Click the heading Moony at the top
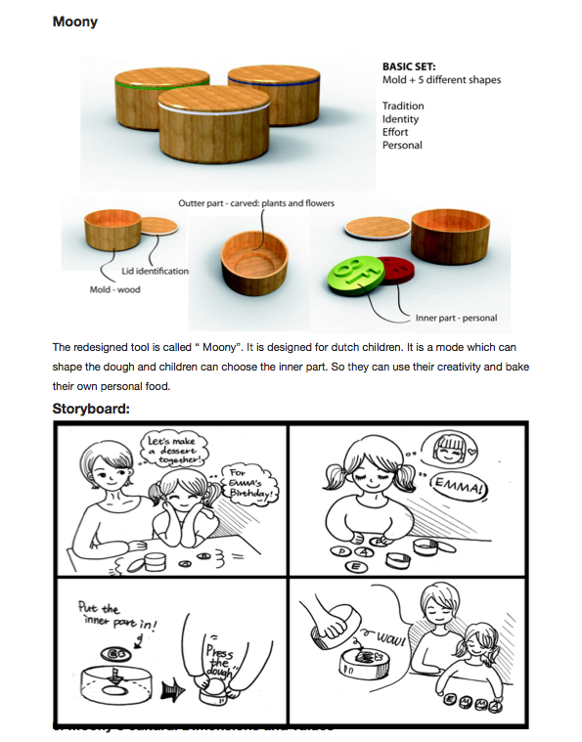pos(75,22)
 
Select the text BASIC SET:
pos(409,66)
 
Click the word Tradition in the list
pos(403,106)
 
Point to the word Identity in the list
pos(400,119)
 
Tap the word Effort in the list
pos(395,132)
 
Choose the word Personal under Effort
pos(402,145)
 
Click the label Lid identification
pos(155,271)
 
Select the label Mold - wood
pos(114,290)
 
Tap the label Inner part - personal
pos(456,317)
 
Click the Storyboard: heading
pos(91,409)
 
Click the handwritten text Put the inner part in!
pos(105,613)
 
